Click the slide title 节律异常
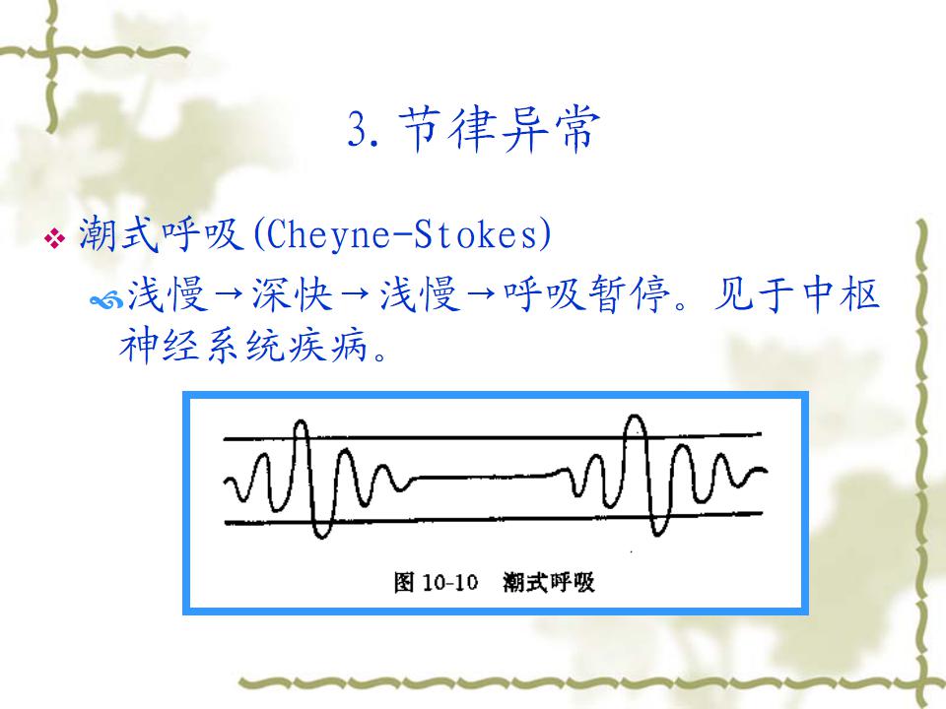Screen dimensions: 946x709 (500, 128)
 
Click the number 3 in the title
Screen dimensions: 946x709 (358, 129)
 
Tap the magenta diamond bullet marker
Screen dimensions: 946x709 (55, 237)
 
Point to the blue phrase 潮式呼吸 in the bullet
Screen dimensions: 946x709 (161, 234)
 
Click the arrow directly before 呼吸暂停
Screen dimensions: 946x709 (482, 295)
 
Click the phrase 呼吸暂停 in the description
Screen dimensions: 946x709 (585, 294)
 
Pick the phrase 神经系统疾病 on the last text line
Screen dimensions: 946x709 (243, 346)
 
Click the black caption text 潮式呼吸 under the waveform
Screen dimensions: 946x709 (549, 582)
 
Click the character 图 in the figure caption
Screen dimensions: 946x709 (404, 582)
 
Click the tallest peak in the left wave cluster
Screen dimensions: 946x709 (301, 421)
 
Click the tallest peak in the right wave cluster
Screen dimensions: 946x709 (634, 417)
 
